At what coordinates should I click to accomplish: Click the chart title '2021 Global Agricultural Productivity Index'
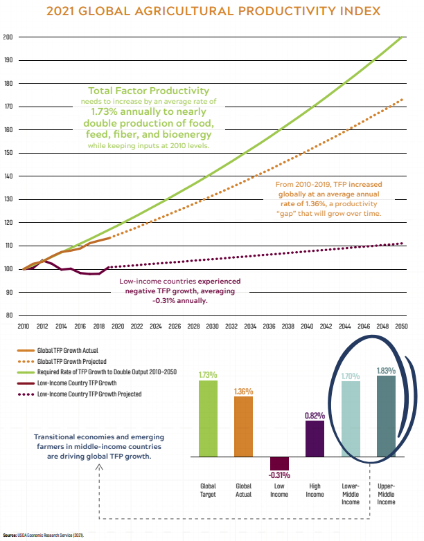tap(212, 11)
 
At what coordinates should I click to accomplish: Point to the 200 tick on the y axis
tap(8, 37)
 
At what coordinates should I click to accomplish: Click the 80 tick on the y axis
tap(9, 315)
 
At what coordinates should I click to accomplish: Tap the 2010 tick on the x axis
tap(23, 327)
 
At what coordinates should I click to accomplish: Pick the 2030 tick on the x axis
tap(213, 327)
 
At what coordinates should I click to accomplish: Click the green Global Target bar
tap(208, 419)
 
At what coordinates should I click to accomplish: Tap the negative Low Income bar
tap(279, 464)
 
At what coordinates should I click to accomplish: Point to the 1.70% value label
tap(351, 376)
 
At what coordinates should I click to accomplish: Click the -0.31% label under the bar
tap(279, 475)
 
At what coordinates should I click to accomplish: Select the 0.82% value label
tap(315, 415)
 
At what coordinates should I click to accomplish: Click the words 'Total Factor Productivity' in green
tap(149, 91)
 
